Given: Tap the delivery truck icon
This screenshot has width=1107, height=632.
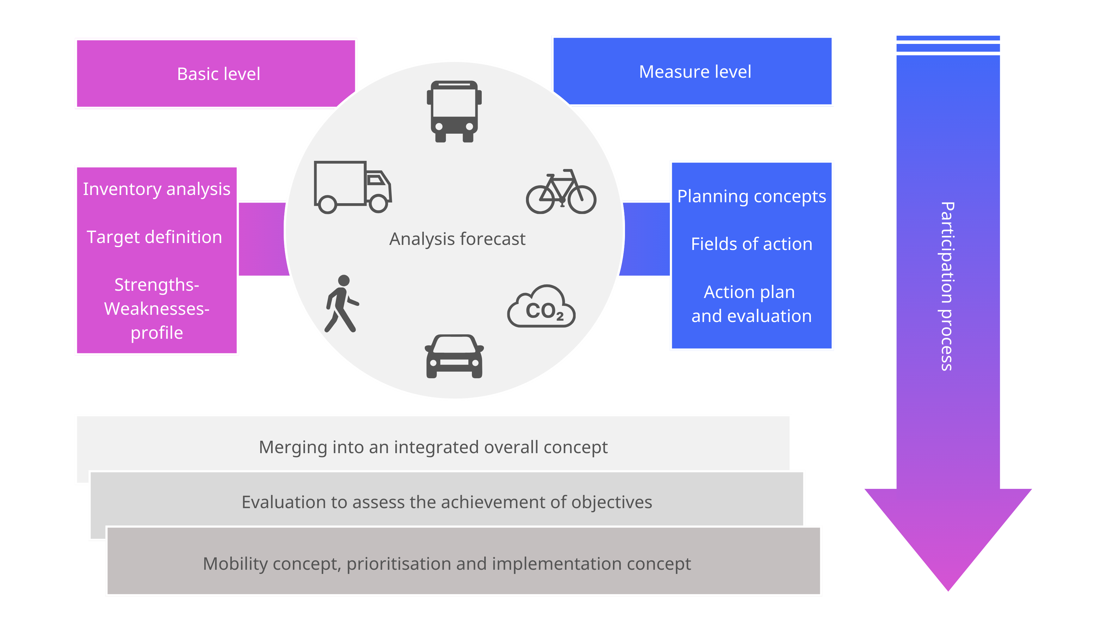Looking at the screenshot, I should pyautogui.click(x=352, y=187).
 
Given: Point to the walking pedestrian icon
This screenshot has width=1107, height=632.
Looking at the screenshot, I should pyautogui.click(x=342, y=304).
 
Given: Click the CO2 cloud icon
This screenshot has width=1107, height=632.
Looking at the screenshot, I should pyautogui.click(x=541, y=307).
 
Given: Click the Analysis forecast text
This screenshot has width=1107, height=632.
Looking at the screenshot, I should pyautogui.click(x=457, y=239).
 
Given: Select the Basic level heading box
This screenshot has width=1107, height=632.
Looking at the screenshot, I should pyautogui.click(x=216, y=73).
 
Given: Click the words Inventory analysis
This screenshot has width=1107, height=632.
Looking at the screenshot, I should pyautogui.click(x=157, y=189).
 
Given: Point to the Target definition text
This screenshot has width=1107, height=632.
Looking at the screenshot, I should pyautogui.click(x=154, y=237).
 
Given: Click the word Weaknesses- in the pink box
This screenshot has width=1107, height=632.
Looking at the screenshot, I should pyautogui.click(x=157, y=309).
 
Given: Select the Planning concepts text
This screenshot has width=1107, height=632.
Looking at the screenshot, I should pyautogui.click(x=751, y=197).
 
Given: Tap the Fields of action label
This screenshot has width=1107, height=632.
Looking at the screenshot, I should pyautogui.click(x=751, y=244).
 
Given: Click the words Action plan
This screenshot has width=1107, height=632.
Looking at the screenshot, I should pyautogui.click(x=750, y=292).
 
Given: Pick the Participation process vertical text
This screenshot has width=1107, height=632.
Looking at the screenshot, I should pyautogui.click(x=948, y=287).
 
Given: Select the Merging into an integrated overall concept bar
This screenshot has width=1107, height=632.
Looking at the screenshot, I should pyautogui.click(x=433, y=447).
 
